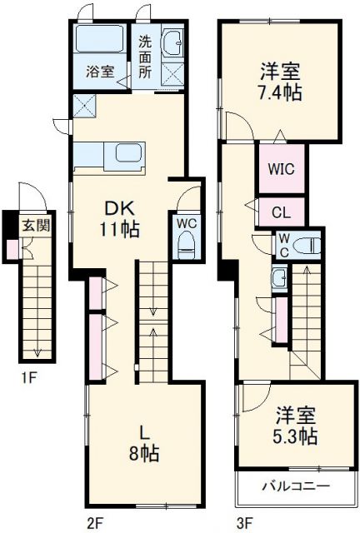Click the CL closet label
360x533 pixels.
coord(282,212)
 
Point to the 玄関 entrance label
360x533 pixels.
coord(35,224)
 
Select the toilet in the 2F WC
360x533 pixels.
coord(186,246)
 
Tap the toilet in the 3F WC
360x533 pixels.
coord(308,245)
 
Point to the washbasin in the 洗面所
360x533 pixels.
coord(173,43)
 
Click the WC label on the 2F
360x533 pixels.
coord(185,222)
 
